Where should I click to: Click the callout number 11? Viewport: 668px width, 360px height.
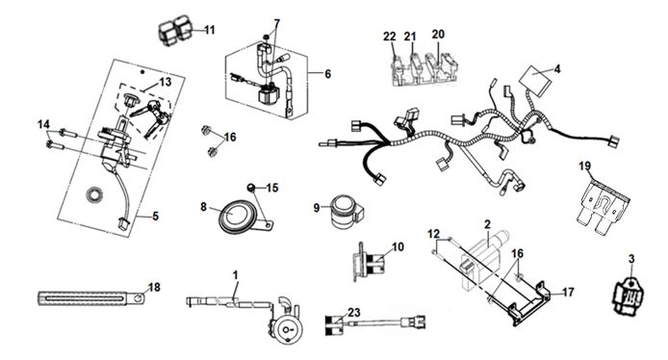pos(210,30)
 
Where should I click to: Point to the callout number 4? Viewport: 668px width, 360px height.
pos(557,68)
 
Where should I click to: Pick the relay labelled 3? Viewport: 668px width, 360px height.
pos(628,293)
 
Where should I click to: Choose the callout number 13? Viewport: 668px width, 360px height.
pos(166,82)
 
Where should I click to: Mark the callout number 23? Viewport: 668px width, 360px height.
pos(354,313)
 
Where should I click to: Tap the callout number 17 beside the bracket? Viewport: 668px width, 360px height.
pos(568,293)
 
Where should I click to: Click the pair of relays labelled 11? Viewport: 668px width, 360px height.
pos(175,30)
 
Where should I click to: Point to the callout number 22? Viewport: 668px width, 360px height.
pos(390,37)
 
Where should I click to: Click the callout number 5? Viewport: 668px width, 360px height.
pos(156,217)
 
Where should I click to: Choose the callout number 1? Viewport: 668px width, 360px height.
pos(236,275)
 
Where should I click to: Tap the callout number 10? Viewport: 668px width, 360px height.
pos(398,247)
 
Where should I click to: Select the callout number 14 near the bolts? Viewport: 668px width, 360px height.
pos(43,124)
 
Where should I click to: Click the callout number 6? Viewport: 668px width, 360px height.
pos(327,74)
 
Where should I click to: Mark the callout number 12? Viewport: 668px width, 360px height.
pos(433,234)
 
